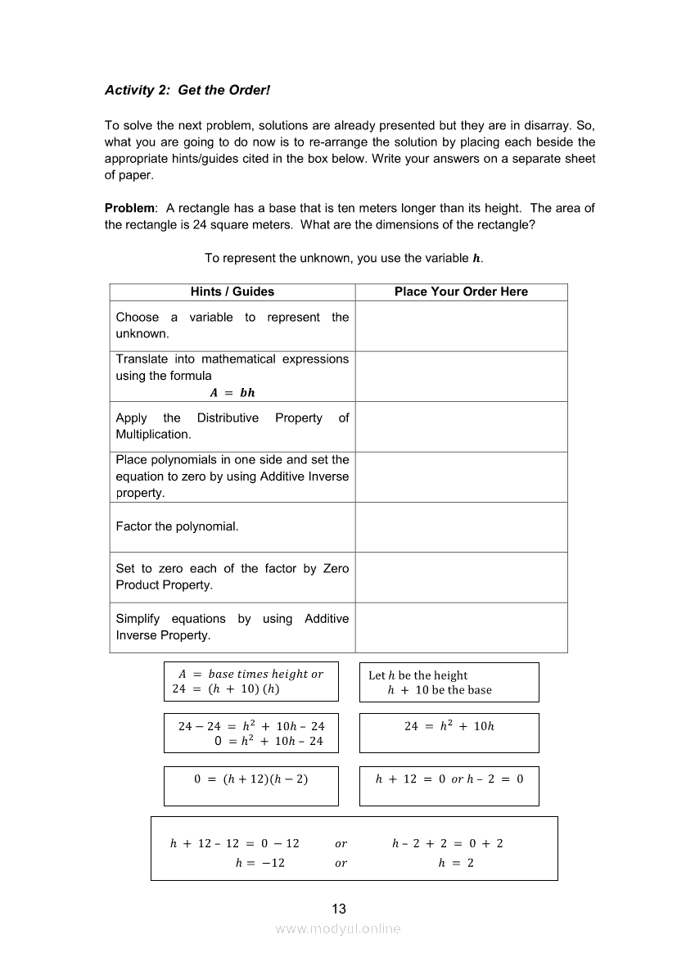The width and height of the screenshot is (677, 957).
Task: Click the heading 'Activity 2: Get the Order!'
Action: coord(187,90)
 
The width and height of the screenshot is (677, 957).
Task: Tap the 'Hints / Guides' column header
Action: coord(232,291)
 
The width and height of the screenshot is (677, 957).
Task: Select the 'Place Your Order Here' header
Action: coord(461,291)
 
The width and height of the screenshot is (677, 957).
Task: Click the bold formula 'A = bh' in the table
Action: coord(232,392)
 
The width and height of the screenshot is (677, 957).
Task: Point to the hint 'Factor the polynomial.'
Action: coord(177,526)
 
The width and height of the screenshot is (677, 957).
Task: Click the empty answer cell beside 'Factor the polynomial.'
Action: coord(461,527)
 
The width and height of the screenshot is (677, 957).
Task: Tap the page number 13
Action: coord(339,909)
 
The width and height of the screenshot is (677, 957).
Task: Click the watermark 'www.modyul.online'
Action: coord(338,928)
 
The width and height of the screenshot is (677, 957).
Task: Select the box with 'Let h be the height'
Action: coord(449,682)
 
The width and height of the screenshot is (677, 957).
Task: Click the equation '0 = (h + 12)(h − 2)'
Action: coord(251,779)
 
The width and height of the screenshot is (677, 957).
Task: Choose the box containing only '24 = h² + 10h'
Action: coord(449,726)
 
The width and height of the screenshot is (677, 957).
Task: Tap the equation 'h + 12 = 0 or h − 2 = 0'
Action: coord(449,779)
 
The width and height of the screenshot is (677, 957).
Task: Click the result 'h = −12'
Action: coord(260,863)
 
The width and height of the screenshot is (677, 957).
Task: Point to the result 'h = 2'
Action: coord(456,863)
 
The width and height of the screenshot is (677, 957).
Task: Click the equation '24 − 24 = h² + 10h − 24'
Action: coord(251,726)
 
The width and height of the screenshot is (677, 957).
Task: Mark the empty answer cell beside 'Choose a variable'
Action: coord(461,326)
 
